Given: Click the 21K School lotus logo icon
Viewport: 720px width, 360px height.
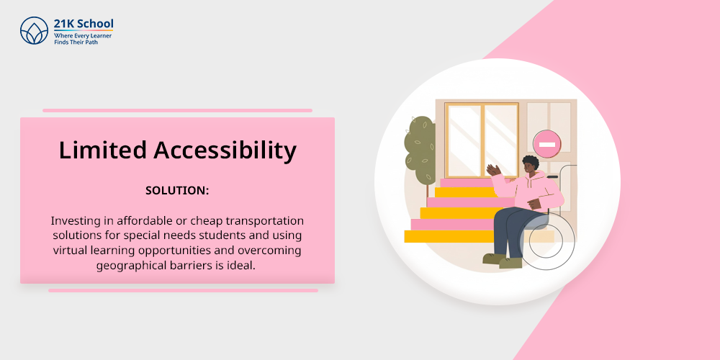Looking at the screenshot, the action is click(x=34, y=31).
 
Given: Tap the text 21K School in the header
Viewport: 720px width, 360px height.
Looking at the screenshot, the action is click(x=83, y=24).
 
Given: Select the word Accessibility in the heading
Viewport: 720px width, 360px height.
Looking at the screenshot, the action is click(x=225, y=150).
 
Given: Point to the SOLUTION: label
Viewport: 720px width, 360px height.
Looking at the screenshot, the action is click(x=177, y=191).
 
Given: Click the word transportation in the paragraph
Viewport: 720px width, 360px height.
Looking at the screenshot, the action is click(x=261, y=221).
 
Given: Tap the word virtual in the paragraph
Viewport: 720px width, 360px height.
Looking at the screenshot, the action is click(x=70, y=251).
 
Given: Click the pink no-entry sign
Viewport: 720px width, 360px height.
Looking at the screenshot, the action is click(x=547, y=144).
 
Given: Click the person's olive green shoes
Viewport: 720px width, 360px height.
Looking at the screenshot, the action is click(x=503, y=261).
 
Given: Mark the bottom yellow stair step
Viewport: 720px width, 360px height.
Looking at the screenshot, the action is click(x=449, y=236).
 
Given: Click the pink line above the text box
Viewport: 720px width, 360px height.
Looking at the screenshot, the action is click(x=177, y=111).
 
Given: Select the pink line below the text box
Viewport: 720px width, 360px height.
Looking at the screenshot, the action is click(x=183, y=291).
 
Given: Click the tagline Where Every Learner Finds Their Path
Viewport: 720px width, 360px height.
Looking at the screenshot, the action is click(x=83, y=39).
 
